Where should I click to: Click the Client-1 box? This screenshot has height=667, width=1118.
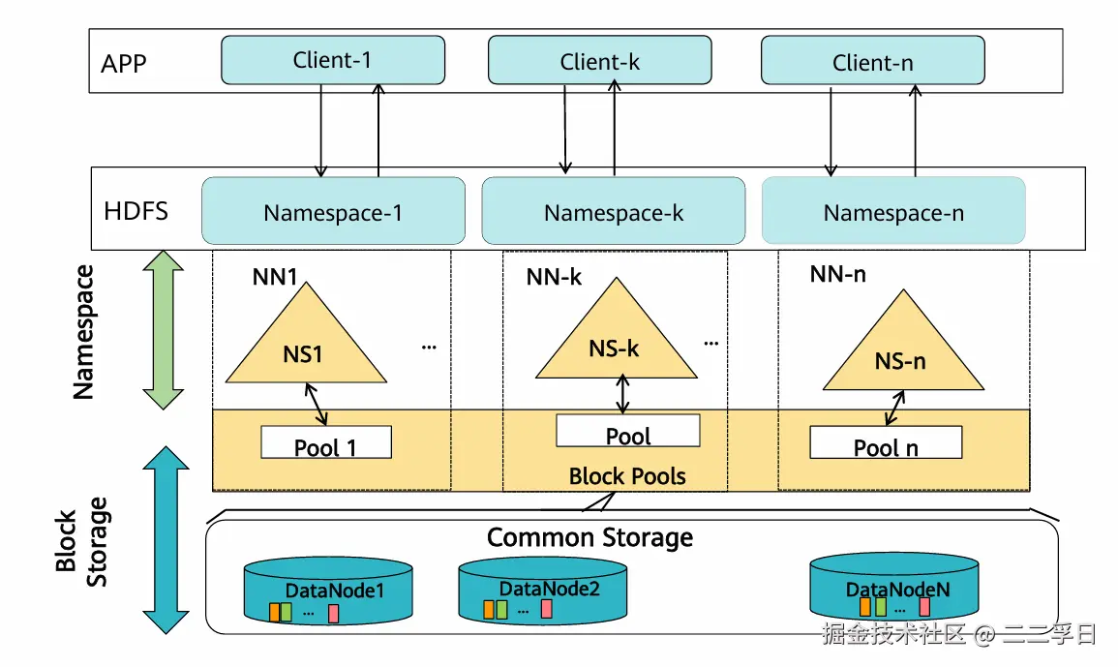pyautogui.click(x=333, y=60)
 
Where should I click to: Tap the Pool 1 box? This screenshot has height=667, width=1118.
pyautogui.click(x=326, y=442)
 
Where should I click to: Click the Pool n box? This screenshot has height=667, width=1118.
pyautogui.click(x=886, y=442)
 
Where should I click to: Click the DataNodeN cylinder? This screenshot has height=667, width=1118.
pyautogui.click(x=891, y=587)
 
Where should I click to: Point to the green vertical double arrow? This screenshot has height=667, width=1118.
pyautogui.click(x=164, y=330)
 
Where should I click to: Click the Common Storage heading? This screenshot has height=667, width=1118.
pyautogui.click(x=589, y=537)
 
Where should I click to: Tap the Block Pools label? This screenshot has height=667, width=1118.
pyautogui.click(x=627, y=475)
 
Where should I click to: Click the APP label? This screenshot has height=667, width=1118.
pyautogui.click(x=123, y=64)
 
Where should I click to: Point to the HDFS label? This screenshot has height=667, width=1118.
pyautogui.click(x=136, y=210)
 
